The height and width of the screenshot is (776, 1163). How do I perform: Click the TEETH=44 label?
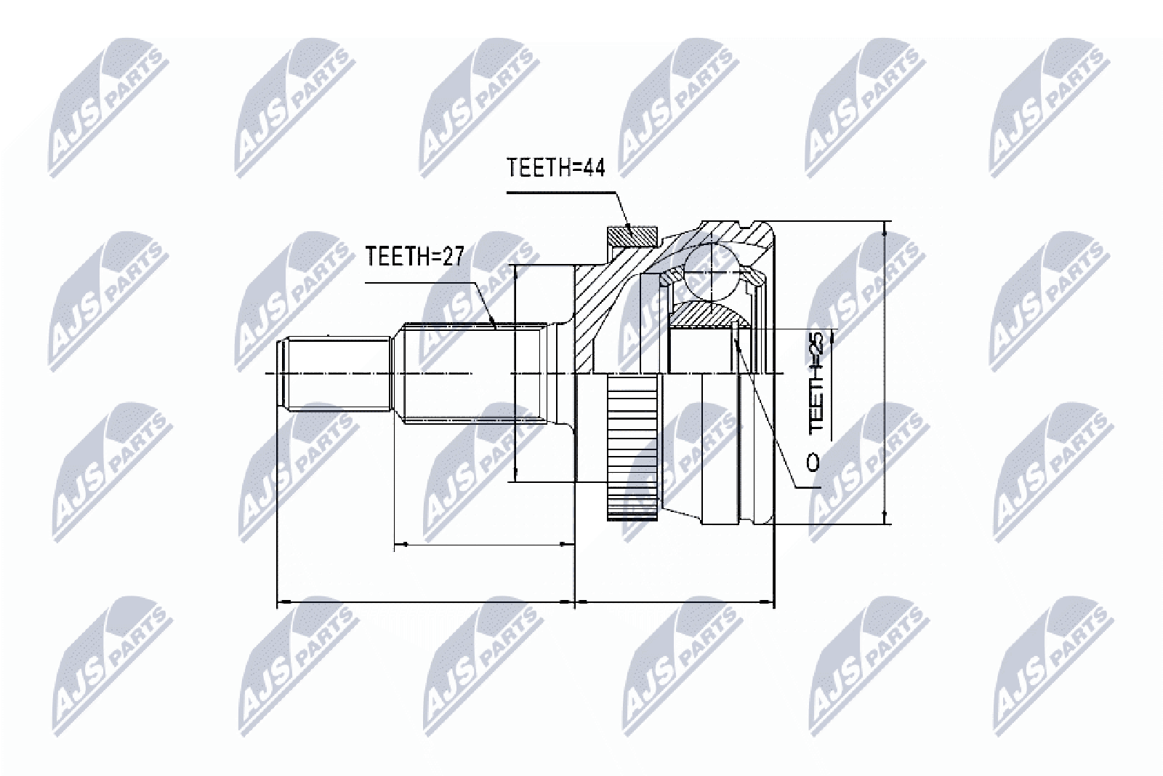coord(555,167)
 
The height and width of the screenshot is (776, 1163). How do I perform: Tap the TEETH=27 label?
coord(414,256)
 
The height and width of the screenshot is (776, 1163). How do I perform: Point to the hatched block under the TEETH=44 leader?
coord(632,237)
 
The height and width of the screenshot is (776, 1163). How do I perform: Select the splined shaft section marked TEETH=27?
coord(475,374)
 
